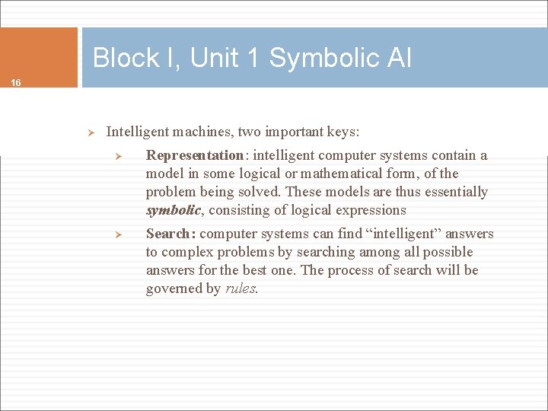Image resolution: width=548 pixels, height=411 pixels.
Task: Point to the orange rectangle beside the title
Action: click(39, 57)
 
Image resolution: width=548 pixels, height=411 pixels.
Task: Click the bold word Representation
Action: click(194, 155)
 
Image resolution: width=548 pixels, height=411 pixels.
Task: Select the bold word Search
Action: click(169, 234)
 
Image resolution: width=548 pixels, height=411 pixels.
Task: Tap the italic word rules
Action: click(242, 288)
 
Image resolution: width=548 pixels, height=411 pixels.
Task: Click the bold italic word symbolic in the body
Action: click(173, 210)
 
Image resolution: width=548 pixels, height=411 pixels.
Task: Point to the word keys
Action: click(342, 132)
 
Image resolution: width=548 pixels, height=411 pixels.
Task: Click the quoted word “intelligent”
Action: click(409, 234)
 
